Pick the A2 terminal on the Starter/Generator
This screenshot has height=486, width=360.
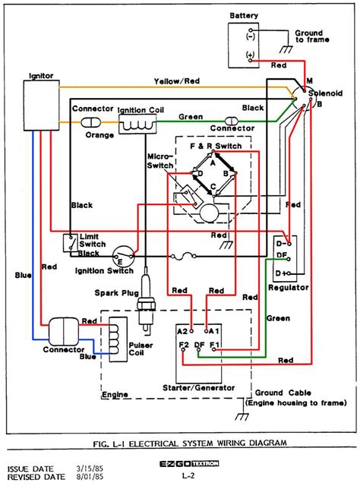(182, 331)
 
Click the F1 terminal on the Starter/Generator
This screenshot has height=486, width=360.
(215, 346)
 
